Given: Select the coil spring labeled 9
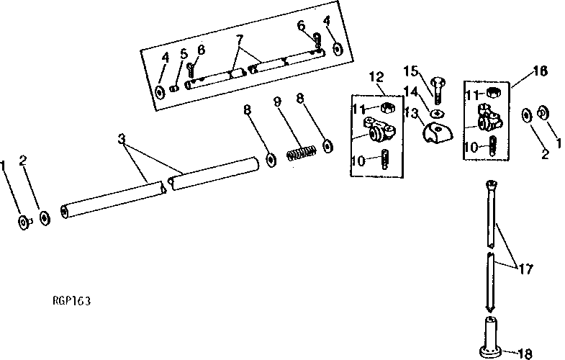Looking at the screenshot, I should click(302, 153).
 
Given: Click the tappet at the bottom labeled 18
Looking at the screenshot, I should click(490, 338).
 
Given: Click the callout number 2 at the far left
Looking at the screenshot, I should click(24, 161).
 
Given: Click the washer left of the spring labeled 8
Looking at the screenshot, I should click(271, 158).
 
